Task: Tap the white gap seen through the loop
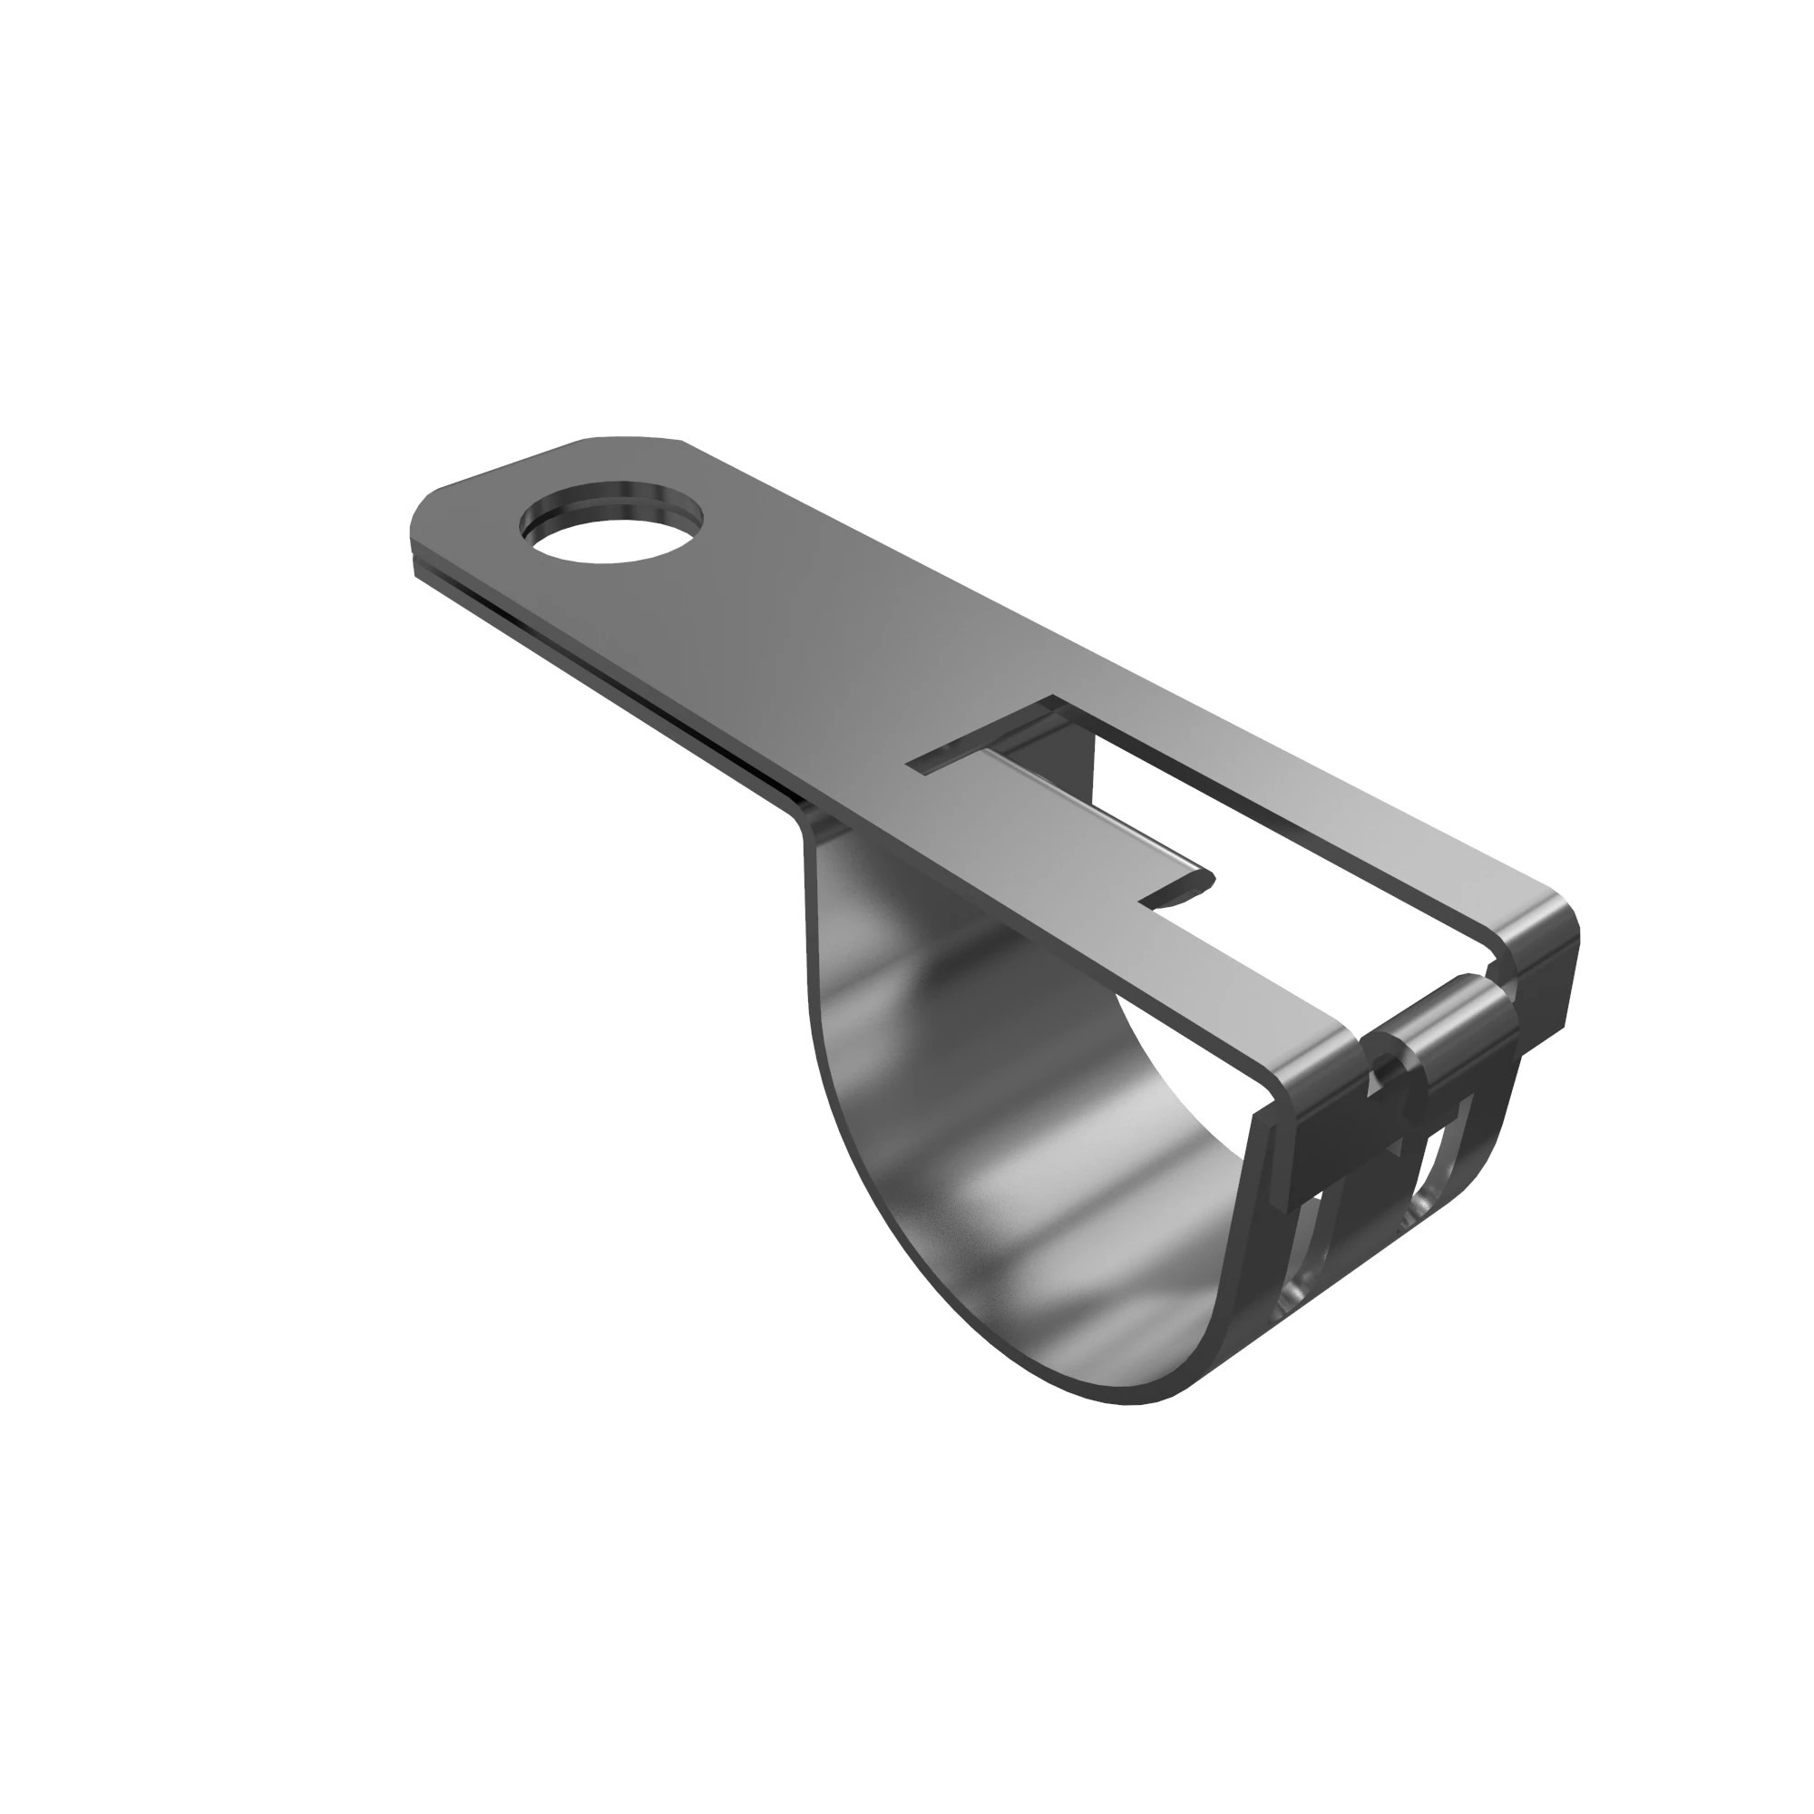[1193, 1108]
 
